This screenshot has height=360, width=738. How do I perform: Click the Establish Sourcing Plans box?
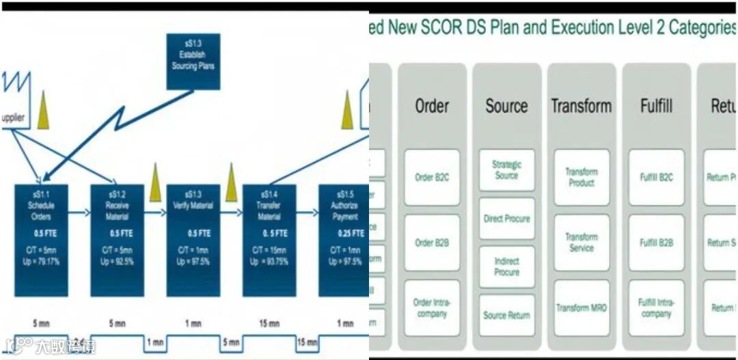[x=193, y=61]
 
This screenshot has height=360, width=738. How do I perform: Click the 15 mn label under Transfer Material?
[x=269, y=323]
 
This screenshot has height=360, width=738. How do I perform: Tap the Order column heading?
[x=432, y=106]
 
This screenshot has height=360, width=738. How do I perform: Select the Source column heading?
[x=506, y=106]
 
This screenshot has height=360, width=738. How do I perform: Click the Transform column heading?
[x=582, y=106]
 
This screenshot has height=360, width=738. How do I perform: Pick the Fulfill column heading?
[x=656, y=106]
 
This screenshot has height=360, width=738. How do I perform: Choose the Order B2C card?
[x=432, y=178]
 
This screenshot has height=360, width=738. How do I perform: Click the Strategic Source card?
[x=506, y=170]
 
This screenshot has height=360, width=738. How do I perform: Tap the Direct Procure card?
[x=506, y=219]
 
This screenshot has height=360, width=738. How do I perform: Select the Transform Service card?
[x=582, y=243]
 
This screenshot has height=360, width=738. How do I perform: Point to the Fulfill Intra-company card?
[x=656, y=308]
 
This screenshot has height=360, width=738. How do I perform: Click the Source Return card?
[x=506, y=315]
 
